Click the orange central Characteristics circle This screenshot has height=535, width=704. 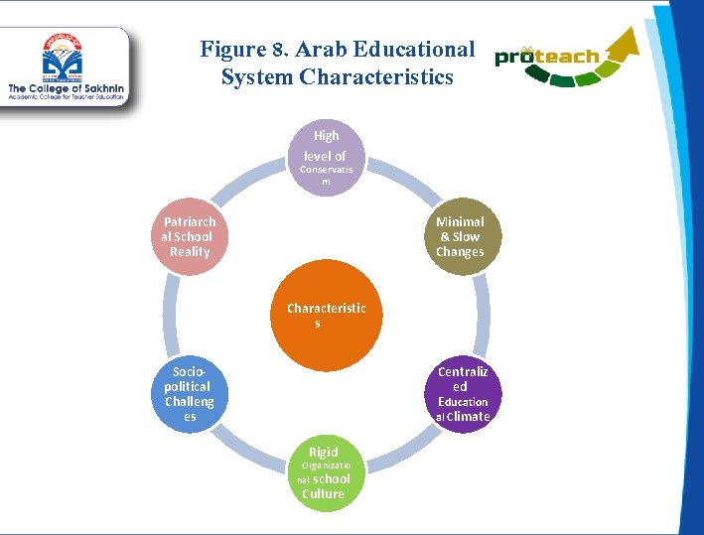point(326,314)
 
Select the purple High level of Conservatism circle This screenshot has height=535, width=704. point(326,157)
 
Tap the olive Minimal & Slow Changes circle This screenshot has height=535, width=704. point(460,236)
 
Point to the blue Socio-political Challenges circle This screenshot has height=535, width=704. point(189,393)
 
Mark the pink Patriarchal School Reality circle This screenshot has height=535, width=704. point(190,236)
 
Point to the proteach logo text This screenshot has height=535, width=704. point(547,57)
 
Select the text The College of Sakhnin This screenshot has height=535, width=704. point(64,89)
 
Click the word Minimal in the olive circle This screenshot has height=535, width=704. point(460,221)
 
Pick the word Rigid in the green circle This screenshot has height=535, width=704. point(323,452)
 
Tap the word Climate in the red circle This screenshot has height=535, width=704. point(468,417)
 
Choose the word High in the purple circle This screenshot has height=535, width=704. point(326,135)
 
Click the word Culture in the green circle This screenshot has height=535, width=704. point(324,493)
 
